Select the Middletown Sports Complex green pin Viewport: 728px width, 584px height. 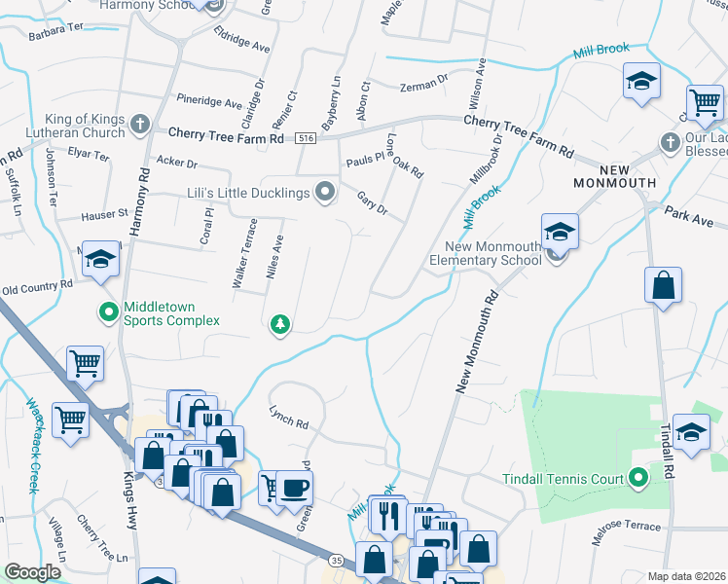click(107, 311)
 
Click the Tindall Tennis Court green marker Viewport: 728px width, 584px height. click(637, 477)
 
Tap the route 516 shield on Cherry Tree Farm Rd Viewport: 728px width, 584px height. click(305, 137)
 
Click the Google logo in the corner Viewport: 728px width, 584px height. click(33, 571)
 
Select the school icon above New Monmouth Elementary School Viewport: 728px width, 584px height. click(560, 232)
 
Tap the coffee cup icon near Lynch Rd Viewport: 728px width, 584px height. click(294, 486)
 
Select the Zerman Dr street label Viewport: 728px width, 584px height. click(423, 88)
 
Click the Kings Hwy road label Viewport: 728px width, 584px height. click(131, 501)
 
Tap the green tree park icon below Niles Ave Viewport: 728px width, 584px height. click(280, 323)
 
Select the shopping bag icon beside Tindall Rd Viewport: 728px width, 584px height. click(663, 286)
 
